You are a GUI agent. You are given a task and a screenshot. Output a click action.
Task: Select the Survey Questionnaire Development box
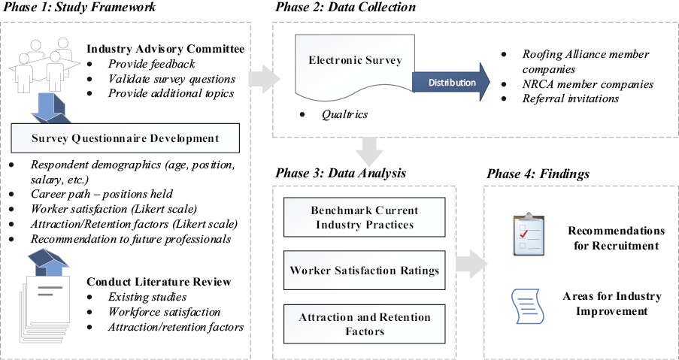click(x=126, y=138)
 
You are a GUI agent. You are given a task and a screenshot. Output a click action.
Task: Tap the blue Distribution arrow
click(x=450, y=82)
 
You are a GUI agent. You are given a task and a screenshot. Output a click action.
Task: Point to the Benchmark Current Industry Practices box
click(x=365, y=218)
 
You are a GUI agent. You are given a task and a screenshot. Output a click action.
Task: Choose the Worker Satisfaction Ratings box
click(x=365, y=271)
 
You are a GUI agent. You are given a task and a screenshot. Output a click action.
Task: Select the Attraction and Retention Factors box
click(x=365, y=324)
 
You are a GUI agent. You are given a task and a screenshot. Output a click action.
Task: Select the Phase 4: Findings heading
click(x=538, y=174)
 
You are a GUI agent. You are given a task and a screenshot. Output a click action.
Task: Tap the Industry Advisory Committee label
click(x=165, y=49)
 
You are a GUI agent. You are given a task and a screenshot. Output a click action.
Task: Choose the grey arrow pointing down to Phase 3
click(x=368, y=150)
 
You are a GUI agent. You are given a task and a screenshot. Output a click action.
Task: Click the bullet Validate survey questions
click(x=171, y=79)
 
